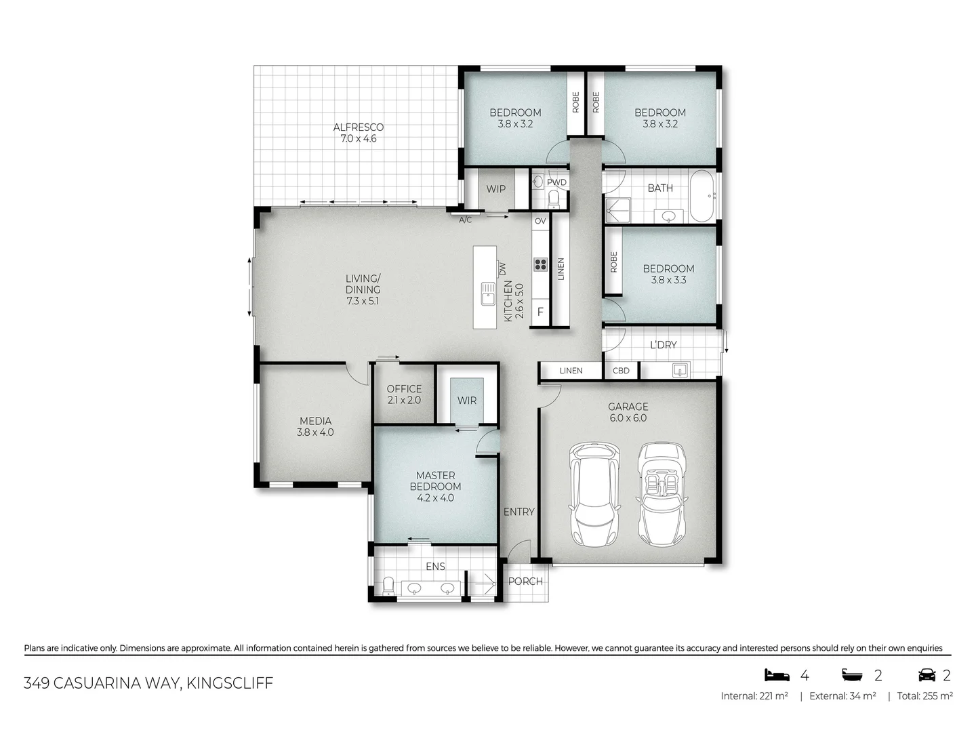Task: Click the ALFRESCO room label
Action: [358, 127]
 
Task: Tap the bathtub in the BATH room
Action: [701, 196]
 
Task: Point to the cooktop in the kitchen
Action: [540, 264]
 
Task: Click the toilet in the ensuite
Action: [388, 586]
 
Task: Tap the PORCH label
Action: [525, 582]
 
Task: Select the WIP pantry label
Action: [496, 189]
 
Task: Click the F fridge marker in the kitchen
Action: [540, 312]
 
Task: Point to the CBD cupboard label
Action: [621, 371]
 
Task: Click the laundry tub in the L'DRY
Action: [680, 370]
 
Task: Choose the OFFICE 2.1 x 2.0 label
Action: [404, 394]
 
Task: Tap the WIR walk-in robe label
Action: [467, 401]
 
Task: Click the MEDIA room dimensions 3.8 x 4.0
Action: [315, 432]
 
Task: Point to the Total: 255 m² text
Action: [924, 696]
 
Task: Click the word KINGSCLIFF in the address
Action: [230, 683]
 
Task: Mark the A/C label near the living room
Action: [465, 220]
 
